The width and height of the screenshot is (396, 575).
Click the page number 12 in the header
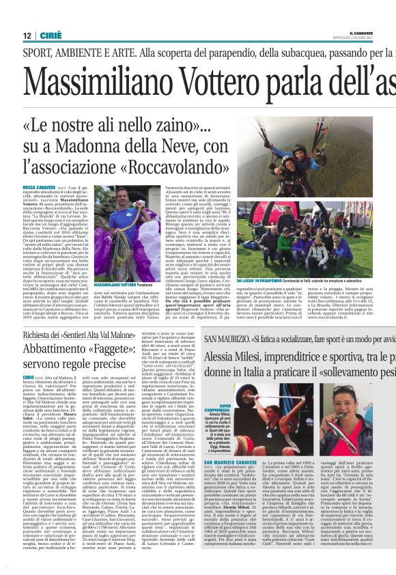(28, 36)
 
